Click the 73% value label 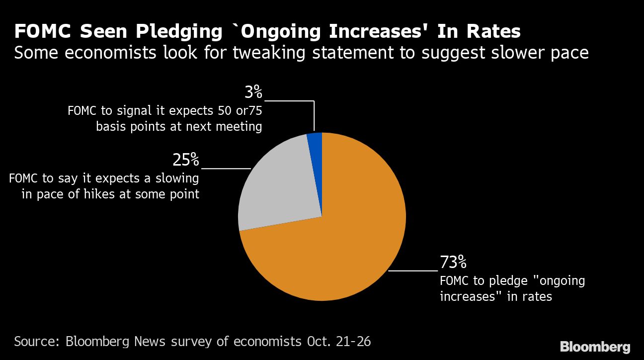[x=453, y=262]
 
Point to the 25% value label [x=186, y=160]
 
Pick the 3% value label [x=253, y=92]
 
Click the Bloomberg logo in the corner [x=595, y=347]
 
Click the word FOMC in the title [x=43, y=31]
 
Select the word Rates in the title [x=493, y=31]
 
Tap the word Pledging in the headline [x=179, y=32]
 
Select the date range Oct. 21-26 [x=339, y=342]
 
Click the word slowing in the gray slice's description [x=177, y=179]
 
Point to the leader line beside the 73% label [x=413, y=271]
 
